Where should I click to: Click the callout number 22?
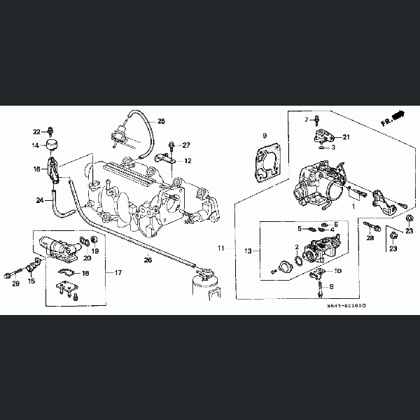[36, 132]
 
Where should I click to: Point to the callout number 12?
[188, 161]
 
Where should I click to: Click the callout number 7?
[306, 120]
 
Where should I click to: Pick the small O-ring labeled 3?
[320, 148]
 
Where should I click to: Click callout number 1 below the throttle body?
[353, 207]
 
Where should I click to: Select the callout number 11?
[221, 248]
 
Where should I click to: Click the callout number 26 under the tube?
[148, 260]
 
